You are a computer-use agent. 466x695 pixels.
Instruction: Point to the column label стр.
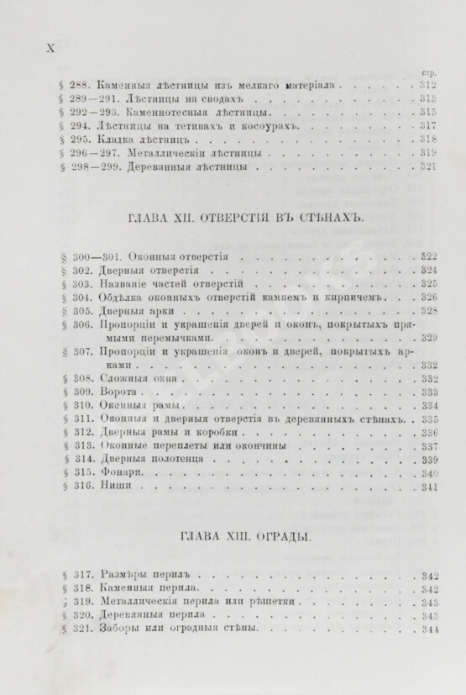point(431,72)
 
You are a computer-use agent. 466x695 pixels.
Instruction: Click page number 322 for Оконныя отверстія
point(429,256)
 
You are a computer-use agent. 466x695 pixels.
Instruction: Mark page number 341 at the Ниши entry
point(429,486)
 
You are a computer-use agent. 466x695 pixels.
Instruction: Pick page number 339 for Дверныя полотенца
point(429,460)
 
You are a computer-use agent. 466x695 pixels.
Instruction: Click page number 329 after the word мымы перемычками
point(429,338)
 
